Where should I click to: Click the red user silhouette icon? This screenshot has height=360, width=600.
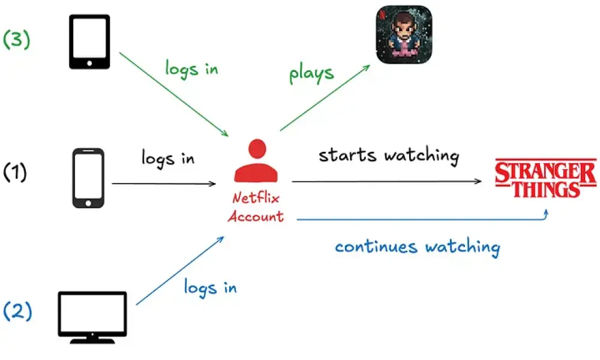tap(257, 162)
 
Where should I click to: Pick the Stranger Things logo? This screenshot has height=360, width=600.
tap(545, 178)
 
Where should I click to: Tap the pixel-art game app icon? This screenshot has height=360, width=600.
tap(403, 35)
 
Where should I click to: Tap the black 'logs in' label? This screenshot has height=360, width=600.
tap(168, 158)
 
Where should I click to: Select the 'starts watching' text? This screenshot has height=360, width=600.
tap(388, 155)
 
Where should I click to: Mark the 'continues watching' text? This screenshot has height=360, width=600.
tap(417, 247)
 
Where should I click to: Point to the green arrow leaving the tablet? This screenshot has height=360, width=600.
tap(174, 94)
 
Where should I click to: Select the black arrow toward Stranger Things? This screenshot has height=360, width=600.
tap(387, 181)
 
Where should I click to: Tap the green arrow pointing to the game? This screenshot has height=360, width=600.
tap(324, 99)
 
